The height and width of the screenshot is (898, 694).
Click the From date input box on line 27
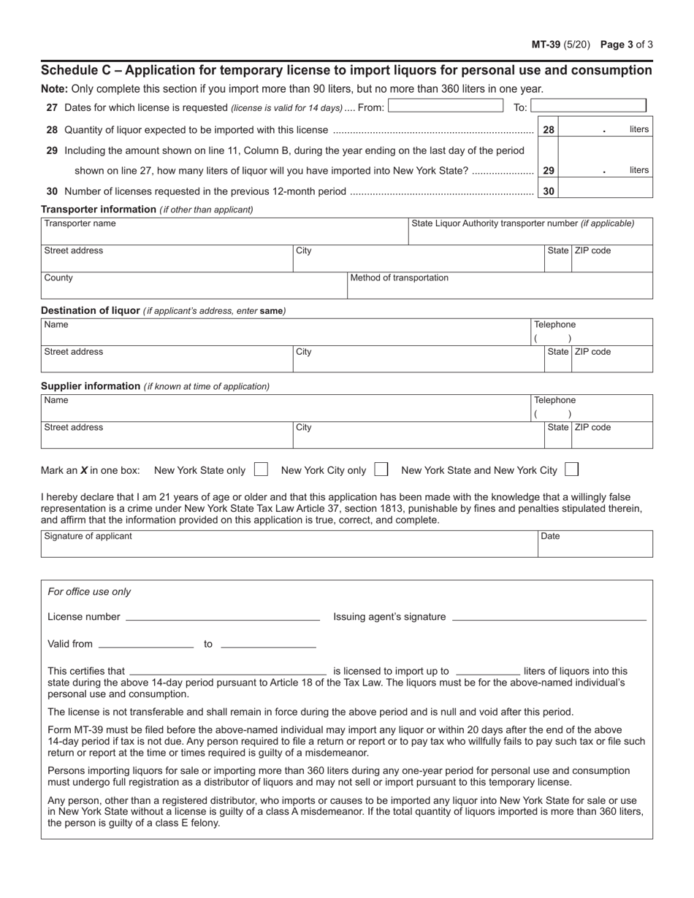445,107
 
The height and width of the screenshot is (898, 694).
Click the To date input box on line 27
589,107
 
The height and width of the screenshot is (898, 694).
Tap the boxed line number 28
548,130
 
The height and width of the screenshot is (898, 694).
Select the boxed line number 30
548,191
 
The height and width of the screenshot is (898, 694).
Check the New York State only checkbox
261,469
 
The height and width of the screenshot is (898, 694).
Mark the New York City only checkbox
381,469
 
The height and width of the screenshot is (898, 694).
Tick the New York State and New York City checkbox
572,469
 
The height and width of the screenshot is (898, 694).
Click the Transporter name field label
80,223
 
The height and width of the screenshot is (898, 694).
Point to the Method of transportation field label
400,278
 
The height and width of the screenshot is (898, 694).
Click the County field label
58,278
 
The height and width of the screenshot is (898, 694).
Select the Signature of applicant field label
88,536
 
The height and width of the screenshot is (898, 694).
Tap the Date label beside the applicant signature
550,536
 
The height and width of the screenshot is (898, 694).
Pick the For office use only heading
89,592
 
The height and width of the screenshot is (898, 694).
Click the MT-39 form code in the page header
546,44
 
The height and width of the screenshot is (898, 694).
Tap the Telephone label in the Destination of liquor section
554,324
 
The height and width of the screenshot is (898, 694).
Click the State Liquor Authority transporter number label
523,223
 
